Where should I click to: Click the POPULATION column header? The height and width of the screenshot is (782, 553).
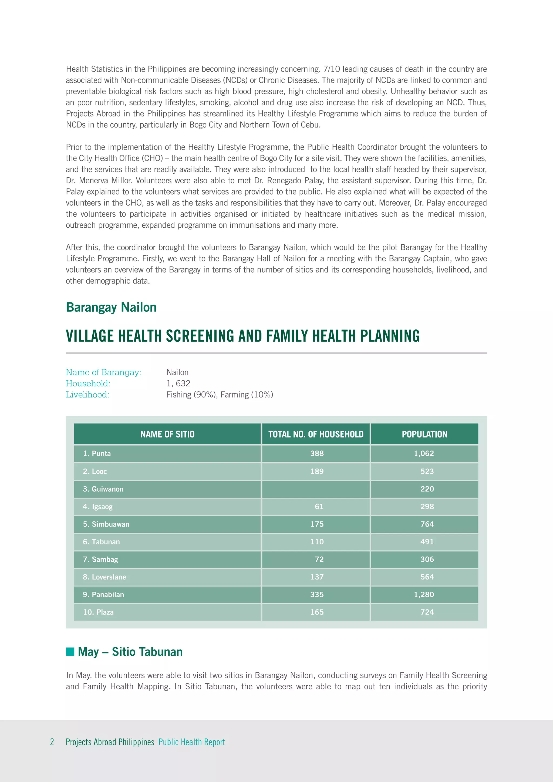(424, 434)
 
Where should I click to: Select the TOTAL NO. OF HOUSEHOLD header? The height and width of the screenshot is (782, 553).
(316, 434)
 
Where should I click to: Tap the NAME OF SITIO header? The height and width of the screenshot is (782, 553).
(167, 434)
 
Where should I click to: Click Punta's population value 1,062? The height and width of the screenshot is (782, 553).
(424, 453)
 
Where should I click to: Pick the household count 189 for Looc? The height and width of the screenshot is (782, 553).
(317, 471)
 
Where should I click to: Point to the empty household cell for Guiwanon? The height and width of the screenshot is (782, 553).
(316, 489)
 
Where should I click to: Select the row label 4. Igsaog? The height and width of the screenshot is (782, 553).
(98, 507)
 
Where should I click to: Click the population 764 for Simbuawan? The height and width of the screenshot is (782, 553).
(427, 524)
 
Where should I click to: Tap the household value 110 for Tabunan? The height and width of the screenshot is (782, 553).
(317, 542)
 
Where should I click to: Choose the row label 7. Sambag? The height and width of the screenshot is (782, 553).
(100, 559)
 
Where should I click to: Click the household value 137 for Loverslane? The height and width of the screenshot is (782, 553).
(317, 577)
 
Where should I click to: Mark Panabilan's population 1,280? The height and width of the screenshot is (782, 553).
(424, 594)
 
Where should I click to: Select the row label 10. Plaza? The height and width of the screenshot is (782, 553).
(98, 612)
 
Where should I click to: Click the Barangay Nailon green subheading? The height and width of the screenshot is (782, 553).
(111, 307)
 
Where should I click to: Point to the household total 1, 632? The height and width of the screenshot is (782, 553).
(178, 383)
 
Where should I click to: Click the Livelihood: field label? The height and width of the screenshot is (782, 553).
(87, 395)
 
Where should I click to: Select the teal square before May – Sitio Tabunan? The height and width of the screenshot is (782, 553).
(70, 652)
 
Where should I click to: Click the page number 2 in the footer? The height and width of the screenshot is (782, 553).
(52, 742)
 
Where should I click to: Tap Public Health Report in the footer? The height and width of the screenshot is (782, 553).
(192, 742)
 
